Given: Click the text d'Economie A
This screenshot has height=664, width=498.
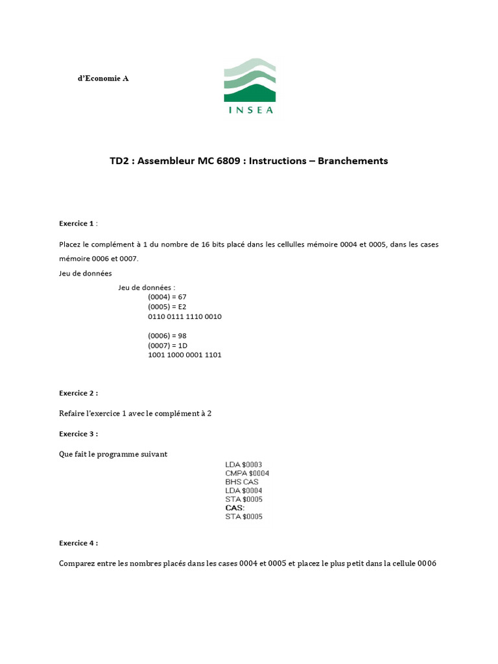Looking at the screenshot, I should pos(103,78).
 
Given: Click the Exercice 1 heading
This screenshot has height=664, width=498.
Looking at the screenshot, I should pos(77,223).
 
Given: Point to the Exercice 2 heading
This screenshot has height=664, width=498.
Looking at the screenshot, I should pos(78,393).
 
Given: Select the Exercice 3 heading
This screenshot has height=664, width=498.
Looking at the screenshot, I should pos(78,434).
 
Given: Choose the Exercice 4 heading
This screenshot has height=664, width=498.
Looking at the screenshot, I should pos(78,543).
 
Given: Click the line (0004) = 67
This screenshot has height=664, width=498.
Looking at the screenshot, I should pos(167,296).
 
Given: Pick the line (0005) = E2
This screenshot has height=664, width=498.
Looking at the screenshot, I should pos(167,306).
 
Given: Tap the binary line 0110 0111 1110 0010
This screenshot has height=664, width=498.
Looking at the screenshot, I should pos(185,316).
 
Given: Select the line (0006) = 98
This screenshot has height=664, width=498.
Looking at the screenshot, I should pos(167,335).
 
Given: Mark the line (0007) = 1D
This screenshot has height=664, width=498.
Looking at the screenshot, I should pos(167,345).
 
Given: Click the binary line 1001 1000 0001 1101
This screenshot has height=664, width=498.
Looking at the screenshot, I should pos(185,355).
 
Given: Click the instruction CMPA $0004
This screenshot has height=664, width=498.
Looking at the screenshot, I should pos(247,473).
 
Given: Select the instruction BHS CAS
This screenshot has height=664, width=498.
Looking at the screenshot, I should pos(242,482).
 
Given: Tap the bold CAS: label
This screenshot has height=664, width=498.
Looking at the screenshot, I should pos(235,508).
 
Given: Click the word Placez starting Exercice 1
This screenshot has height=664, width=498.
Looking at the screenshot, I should pos(71,244).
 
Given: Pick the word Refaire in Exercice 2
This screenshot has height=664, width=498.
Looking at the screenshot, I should pos(73,414).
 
